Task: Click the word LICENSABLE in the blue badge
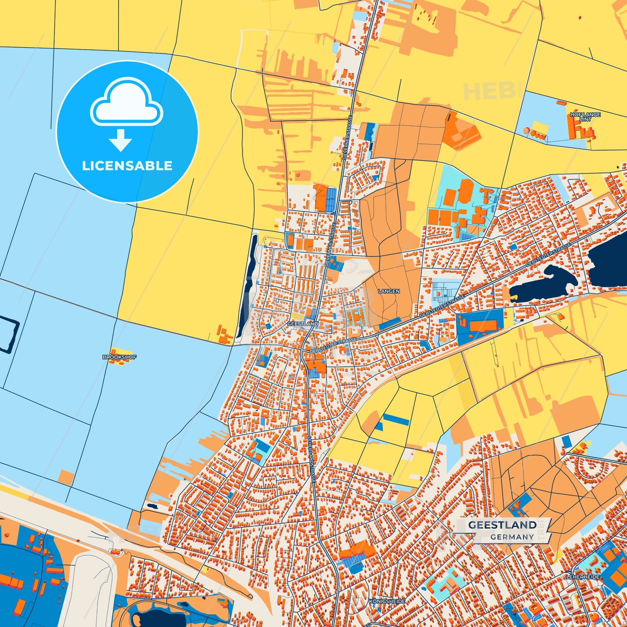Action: pyautogui.click(x=127, y=166)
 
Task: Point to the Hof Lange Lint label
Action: pyautogui.click(x=585, y=117)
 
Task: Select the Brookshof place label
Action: pyautogui.click(x=119, y=357)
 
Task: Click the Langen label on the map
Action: pyautogui.click(x=389, y=291)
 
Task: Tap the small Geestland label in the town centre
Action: pyautogui.click(x=302, y=324)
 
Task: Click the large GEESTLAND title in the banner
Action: pyautogui.click(x=502, y=525)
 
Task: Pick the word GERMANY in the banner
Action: pyautogui.click(x=512, y=537)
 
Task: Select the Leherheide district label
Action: pyautogui.click(x=583, y=577)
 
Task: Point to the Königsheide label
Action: pyautogui.click(x=387, y=601)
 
